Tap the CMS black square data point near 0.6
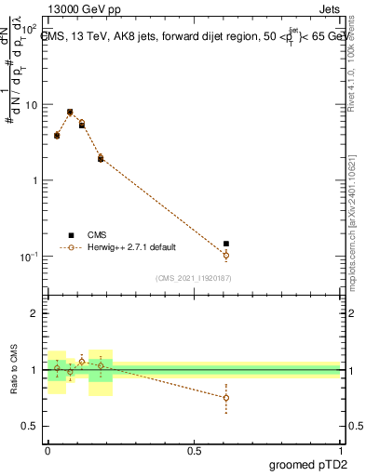[x=226, y=244]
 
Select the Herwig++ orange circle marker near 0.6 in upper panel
[x=226, y=255]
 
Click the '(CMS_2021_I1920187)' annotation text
[x=193, y=277]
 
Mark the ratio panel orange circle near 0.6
[x=226, y=398]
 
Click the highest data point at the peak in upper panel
[x=70, y=112]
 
